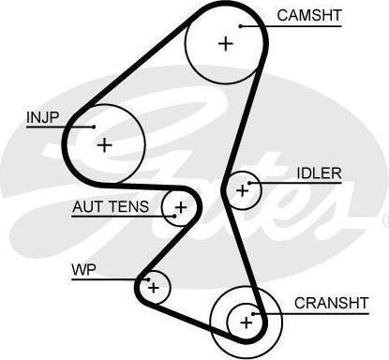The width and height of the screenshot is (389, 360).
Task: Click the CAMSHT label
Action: (309, 15)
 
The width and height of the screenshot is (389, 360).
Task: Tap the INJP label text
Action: (42, 117)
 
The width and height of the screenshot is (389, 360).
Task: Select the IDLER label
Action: (319, 173)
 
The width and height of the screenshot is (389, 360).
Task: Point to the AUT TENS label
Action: (111, 207)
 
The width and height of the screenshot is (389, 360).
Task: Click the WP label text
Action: (83, 270)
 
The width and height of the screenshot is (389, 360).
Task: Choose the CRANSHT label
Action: (332, 303)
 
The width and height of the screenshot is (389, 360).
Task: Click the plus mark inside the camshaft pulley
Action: (226, 43)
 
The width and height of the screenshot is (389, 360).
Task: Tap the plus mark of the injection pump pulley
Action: (105, 145)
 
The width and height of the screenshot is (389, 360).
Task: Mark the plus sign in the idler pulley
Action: (243, 190)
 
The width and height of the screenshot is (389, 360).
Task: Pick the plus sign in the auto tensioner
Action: (181, 207)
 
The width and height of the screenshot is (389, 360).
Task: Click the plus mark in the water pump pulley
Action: (154, 287)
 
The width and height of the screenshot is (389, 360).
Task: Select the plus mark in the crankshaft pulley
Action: (247, 322)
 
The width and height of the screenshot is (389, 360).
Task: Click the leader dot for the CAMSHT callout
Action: (241, 26)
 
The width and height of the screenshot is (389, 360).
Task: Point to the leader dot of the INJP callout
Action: (94, 127)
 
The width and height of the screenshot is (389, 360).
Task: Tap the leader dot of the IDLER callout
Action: (249, 183)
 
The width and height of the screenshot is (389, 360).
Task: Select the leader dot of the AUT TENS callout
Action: (174, 216)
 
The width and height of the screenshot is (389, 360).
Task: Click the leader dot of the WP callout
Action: (149, 279)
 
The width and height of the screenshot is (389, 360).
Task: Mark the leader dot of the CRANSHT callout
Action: (253, 314)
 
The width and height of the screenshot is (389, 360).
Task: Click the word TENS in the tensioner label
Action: (129, 207)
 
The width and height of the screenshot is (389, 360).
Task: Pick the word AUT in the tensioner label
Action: (88, 207)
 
